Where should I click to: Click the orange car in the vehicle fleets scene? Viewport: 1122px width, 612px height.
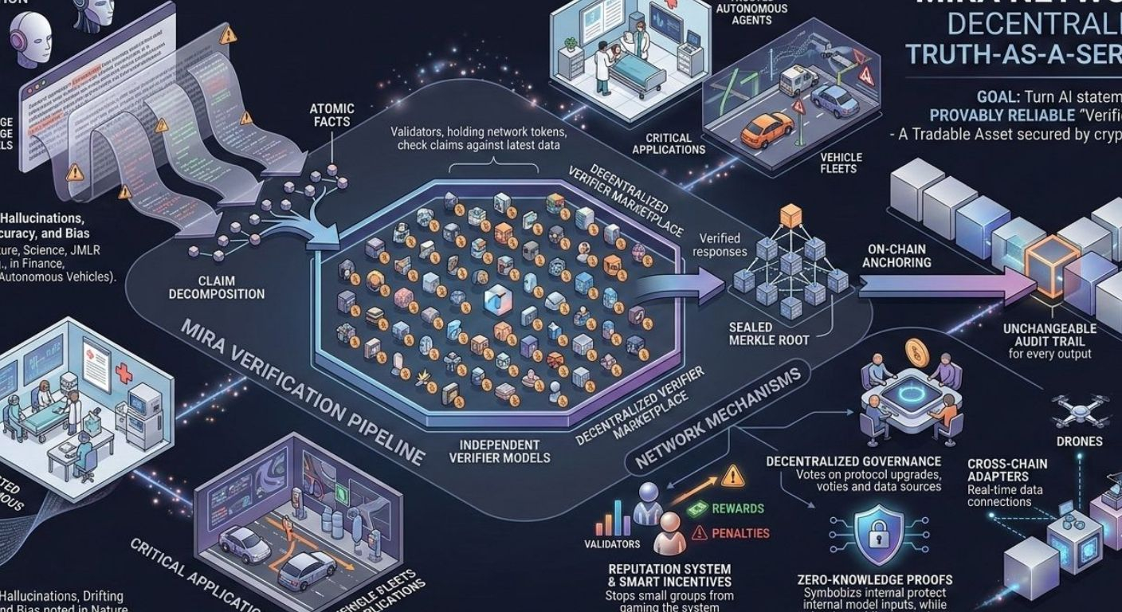pos(767,129)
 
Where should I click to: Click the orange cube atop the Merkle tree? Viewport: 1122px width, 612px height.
pos(790,215)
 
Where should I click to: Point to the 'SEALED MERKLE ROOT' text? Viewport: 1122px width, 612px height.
pos(770,333)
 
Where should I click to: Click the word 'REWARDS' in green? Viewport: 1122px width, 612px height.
pos(736,508)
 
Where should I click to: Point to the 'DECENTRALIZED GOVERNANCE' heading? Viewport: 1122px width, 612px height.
pos(853,461)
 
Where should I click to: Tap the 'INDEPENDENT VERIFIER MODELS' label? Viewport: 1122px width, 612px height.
pos(500,451)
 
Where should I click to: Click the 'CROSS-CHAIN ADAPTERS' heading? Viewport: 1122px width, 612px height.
pos(1007,470)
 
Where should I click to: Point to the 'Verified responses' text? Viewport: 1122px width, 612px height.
pos(720,245)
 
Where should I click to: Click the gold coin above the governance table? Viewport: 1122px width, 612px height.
pos(916,353)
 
